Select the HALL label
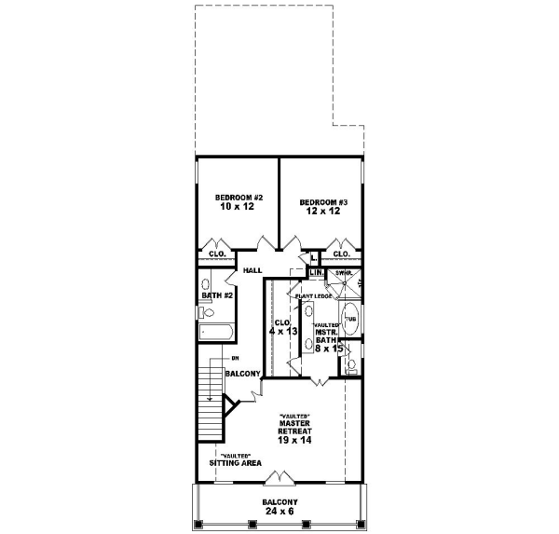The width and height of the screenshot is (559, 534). coord(252,270)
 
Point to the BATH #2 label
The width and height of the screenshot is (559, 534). coord(216,295)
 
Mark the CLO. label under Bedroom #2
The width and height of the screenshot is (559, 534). coord(217,253)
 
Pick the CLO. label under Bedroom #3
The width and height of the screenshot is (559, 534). coord(341,253)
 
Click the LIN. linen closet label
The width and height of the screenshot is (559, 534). coord(316,272)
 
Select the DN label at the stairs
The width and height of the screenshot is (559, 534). coord(236,358)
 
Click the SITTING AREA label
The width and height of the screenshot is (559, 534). coord(235,462)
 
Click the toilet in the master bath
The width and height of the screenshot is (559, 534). coord(350,365)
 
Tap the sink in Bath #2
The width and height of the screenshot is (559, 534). coord(207,284)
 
